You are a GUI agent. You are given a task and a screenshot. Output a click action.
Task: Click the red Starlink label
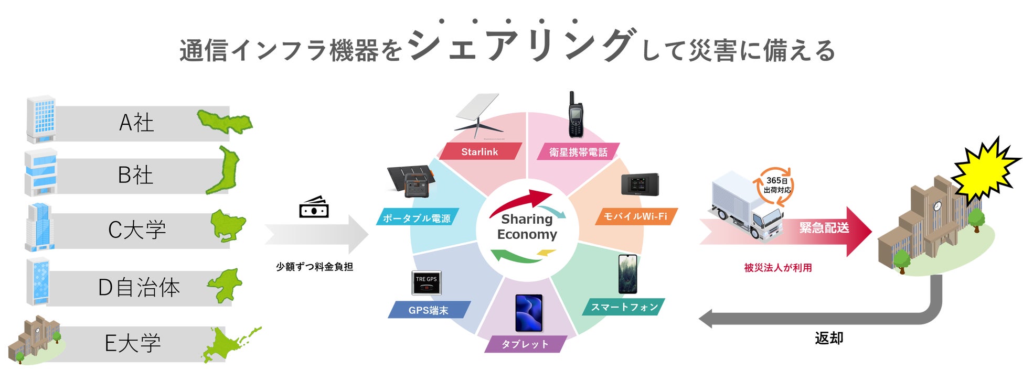[479, 151]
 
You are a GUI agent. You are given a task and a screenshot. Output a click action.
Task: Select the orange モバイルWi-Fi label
[635, 216]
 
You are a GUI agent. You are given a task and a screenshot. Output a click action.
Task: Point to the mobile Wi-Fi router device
[640, 184]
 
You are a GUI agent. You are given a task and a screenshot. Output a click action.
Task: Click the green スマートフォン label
[624, 307]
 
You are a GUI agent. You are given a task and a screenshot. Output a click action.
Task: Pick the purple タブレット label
[525, 344]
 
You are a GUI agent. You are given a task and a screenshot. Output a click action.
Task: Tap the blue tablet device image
[529, 313]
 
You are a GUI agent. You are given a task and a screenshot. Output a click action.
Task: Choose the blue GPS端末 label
[428, 310]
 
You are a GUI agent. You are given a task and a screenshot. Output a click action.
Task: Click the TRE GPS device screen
[426, 282]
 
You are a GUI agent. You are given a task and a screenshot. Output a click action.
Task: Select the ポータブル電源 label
[417, 218]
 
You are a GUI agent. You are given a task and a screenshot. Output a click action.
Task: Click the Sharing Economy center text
[527, 226]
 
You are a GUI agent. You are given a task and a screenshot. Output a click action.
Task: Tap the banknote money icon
[314, 208]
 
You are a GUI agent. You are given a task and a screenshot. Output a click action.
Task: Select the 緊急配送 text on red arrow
[824, 227]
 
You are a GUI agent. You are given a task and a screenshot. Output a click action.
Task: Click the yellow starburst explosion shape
[984, 169]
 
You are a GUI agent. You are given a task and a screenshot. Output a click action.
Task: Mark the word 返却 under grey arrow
[829, 338]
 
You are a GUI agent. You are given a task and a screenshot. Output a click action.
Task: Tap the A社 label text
[136, 123]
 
